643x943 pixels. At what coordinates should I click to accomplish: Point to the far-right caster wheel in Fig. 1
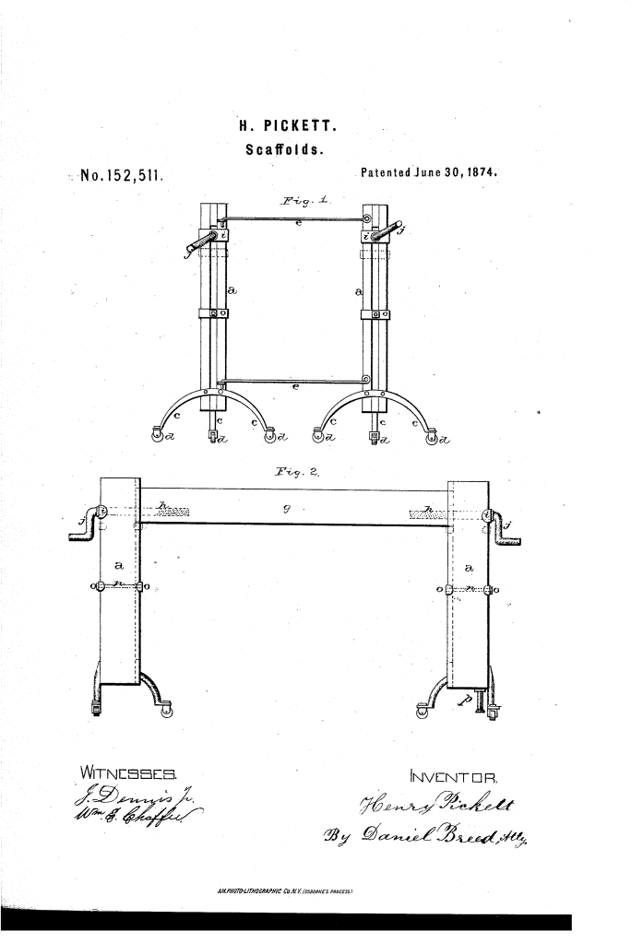pos(431,435)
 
